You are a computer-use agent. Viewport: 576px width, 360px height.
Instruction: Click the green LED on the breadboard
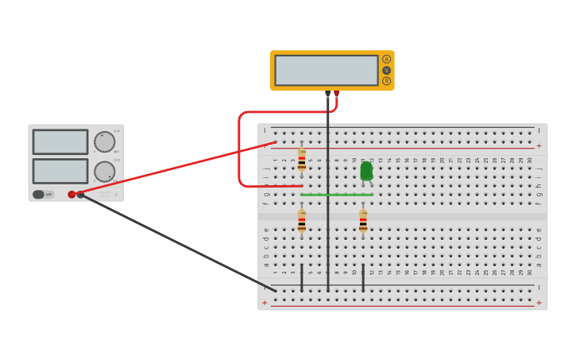(366, 171)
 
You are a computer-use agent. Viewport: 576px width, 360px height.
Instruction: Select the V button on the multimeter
(386, 70)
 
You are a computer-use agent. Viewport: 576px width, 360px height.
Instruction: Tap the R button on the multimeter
(386, 80)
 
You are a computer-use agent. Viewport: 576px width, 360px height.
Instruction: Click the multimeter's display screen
(326, 70)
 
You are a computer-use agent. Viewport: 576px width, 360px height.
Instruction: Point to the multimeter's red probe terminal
(336, 94)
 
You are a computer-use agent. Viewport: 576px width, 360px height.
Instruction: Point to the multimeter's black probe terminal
(327, 94)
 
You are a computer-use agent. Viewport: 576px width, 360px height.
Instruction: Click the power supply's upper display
(60, 142)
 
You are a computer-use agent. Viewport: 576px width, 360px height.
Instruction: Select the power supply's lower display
(60, 171)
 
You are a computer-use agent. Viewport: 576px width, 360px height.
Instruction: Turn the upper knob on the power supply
(104, 142)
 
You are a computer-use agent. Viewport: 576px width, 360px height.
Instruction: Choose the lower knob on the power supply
(104, 172)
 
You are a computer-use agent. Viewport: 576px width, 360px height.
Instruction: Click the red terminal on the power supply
(72, 194)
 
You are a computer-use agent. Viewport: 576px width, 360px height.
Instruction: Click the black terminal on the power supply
(80, 194)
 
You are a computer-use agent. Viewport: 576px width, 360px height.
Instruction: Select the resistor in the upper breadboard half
(301, 160)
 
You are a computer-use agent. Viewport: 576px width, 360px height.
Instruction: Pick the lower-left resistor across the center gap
(301, 221)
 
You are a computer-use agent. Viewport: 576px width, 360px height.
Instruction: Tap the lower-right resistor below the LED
(363, 221)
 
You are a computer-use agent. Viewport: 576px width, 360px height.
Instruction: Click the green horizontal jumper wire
(336, 194)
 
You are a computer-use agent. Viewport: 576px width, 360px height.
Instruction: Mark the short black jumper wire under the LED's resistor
(363, 277)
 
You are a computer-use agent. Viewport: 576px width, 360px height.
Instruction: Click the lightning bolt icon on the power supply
(115, 194)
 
